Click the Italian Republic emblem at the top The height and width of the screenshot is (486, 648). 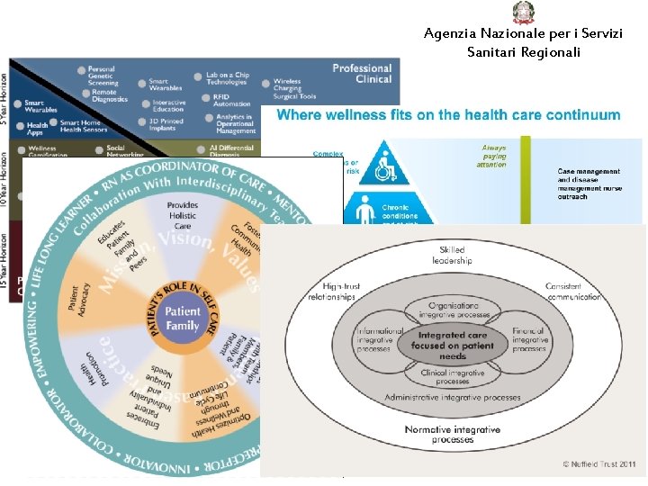click(523, 13)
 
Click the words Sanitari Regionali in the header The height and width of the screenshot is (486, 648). click(524, 52)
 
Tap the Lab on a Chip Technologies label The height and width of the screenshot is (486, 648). click(228, 79)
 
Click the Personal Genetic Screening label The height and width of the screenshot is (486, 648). click(102, 76)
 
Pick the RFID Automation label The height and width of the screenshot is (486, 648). click(232, 100)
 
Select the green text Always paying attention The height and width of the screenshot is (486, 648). click(494, 156)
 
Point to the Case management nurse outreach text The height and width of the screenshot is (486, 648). click(589, 184)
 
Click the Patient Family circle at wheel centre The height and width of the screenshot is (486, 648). click(183, 319)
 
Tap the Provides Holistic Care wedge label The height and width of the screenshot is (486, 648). click(183, 216)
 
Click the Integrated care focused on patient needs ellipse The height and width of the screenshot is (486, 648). click(453, 345)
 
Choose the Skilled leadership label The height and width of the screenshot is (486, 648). click(452, 255)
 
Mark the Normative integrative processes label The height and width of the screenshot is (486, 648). click(453, 435)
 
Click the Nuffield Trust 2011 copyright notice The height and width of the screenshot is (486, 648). click(599, 464)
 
